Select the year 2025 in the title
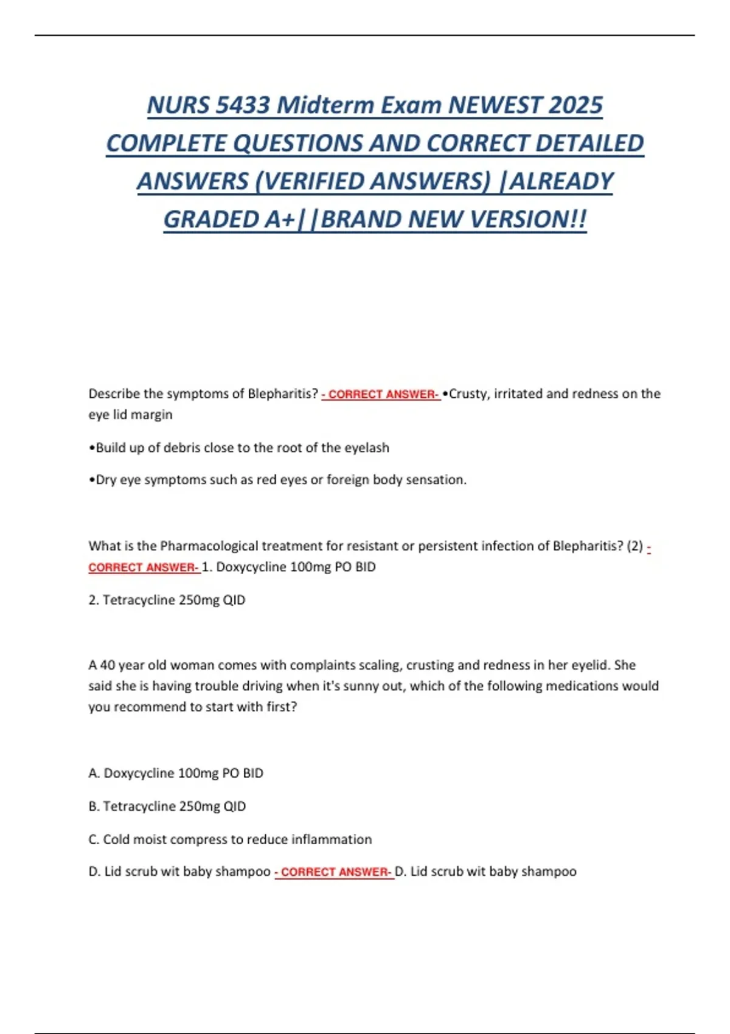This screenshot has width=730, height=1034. pyautogui.click(x=575, y=105)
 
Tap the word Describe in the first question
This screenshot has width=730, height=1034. pyautogui.click(x=114, y=394)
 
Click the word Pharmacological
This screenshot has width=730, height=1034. pyautogui.click(x=209, y=546)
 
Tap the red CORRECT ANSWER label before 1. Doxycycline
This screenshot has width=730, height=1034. pyautogui.click(x=144, y=567)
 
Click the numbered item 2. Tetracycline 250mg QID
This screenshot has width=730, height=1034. pyautogui.click(x=167, y=600)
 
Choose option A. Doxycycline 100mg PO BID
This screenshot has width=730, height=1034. pyautogui.click(x=176, y=773)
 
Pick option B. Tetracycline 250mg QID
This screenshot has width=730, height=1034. pyautogui.click(x=167, y=807)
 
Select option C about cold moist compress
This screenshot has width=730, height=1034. pyautogui.click(x=230, y=839)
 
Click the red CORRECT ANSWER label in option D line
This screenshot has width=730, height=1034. pyautogui.click(x=334, y=872)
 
